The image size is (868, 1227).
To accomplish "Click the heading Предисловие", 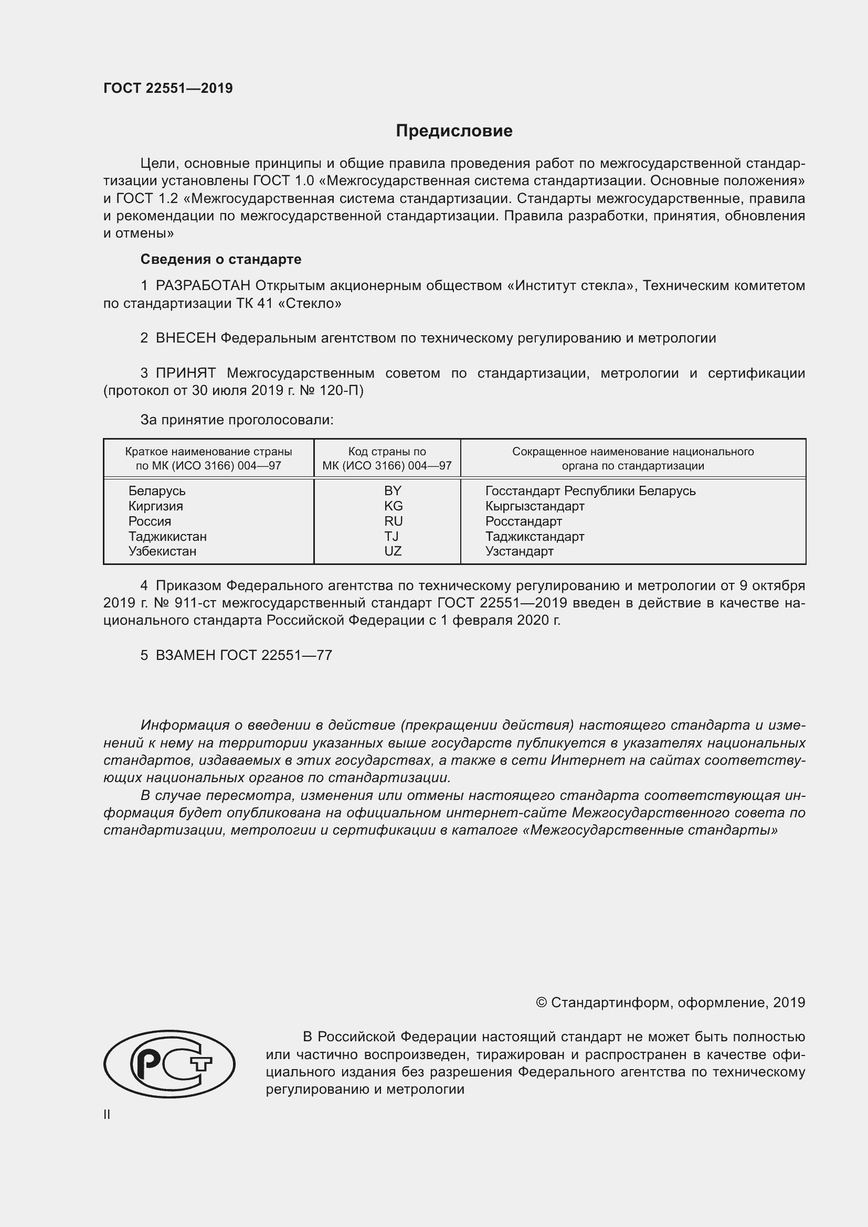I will point(454,131).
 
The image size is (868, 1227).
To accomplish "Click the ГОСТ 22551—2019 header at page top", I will point(168,88).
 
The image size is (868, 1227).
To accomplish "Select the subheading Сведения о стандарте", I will point(221,259).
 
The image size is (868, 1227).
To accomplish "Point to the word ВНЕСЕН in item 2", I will point(185,338).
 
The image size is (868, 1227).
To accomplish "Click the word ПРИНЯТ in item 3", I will point(185,373).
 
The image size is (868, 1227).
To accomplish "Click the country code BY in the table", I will point(393,490).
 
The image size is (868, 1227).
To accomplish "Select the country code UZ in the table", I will point(393,551).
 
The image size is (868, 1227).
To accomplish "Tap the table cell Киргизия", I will point(155,506).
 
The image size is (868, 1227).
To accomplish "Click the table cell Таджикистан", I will point(167,536).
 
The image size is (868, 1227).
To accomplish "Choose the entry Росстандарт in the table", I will point(523,521).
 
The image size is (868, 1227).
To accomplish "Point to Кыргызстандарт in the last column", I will point(534,506).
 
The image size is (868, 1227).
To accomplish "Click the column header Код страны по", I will point(387,452).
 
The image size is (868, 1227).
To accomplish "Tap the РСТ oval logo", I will point(169,1063).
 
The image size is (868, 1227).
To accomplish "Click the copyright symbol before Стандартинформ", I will point(541,1002).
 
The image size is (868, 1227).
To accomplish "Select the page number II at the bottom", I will point(107,1114).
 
